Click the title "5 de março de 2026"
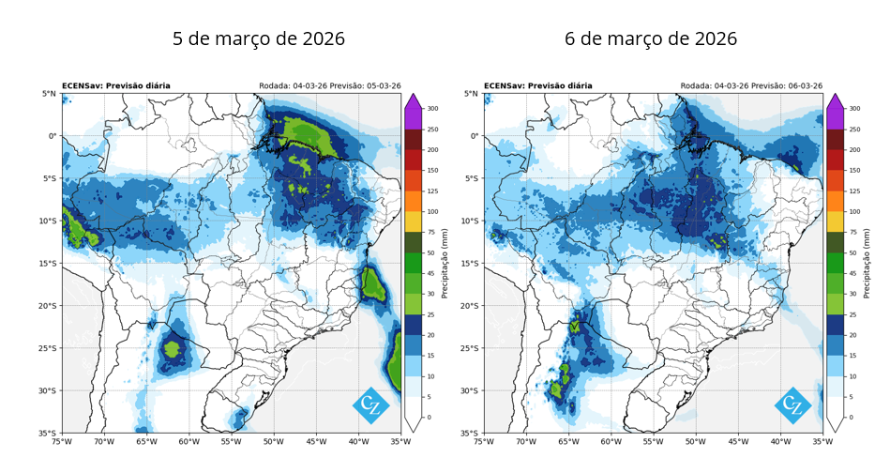259,38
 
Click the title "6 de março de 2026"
651,38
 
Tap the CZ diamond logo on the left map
370,405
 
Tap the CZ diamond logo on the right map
793,405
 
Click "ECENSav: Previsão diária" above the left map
115,85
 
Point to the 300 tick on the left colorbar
432,109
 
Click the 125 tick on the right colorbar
854,191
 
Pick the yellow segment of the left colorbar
413,221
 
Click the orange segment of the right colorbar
835,201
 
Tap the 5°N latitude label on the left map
50,94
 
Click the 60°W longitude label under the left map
189,441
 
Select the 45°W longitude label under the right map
738,441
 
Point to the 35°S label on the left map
48,433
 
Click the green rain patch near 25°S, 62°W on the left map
173,348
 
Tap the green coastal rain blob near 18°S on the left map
373,285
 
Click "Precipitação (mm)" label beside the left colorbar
445,264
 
